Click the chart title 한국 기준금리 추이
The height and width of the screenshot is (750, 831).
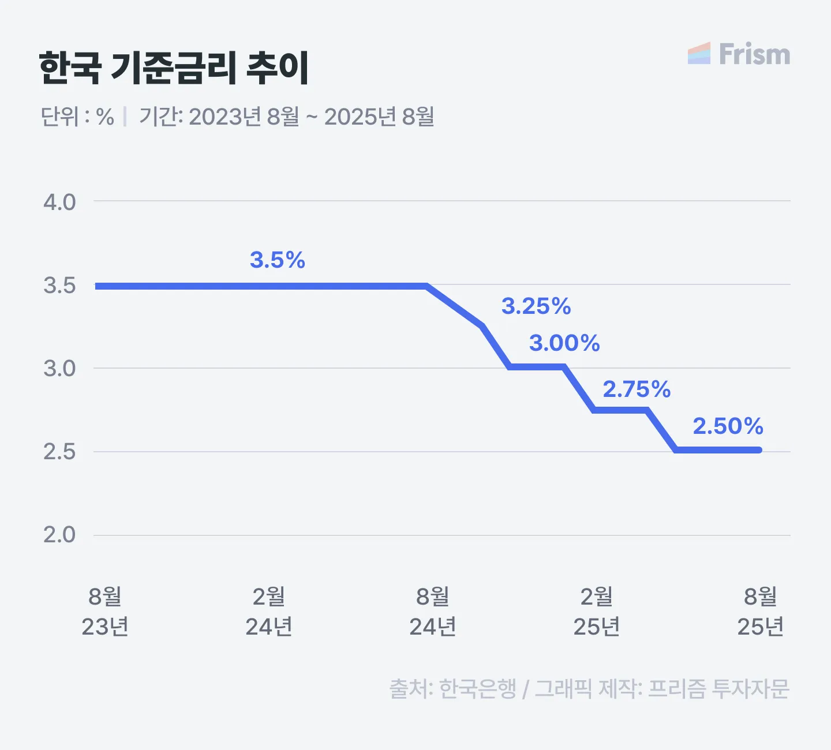tap(174, 69)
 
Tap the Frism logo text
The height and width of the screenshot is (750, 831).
tap(754, 55)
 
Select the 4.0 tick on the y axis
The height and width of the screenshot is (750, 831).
tap(59, 202)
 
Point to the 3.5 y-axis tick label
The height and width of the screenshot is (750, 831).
tap(59, 286)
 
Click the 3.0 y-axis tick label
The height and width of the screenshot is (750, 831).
tap(59, 369)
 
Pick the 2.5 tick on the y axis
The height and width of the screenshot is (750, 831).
tap(59, 452)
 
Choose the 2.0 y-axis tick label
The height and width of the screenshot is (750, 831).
tap(59, 535)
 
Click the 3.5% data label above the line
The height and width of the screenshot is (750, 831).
tap(277, 260)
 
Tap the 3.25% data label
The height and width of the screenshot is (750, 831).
tap(536, 306)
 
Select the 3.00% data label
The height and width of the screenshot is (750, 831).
tap(564, 343)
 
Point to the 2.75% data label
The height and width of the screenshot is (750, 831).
tap(637, 389)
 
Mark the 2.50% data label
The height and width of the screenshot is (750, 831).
tap(728, 426)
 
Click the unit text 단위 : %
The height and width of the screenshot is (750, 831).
tap(77, 117)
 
